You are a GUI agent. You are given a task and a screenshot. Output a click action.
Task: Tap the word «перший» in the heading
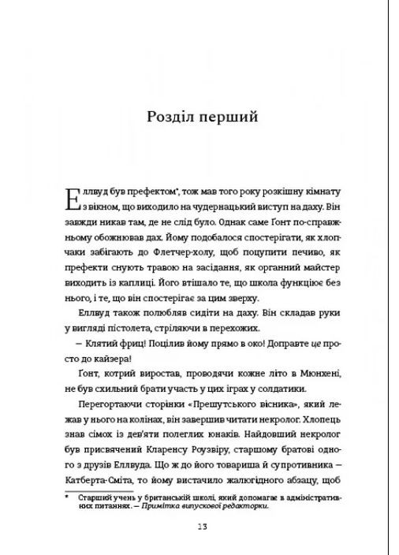click(229, 118)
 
